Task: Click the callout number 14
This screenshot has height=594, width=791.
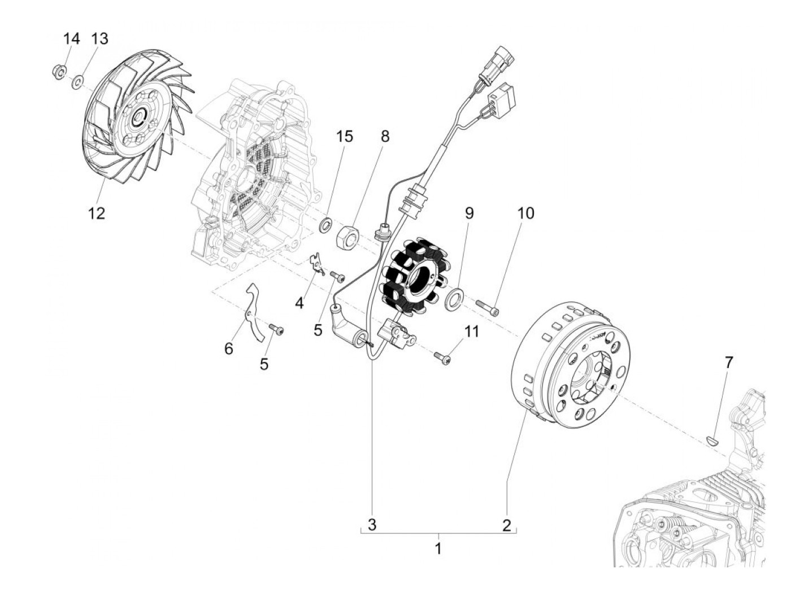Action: [x=71, y=40]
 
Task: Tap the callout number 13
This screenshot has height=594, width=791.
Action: [x=99, y=39]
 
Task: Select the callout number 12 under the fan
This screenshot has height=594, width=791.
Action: [x=96, y=213]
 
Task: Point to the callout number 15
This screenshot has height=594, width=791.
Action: [x=344, y=136]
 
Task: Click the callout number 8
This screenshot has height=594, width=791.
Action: [x=385, y=136]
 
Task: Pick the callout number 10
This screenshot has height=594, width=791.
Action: [x=525, y=213]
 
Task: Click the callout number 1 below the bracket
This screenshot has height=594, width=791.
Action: [x=438, y=548]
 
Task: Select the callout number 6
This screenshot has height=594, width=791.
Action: [x=228, y=348]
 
